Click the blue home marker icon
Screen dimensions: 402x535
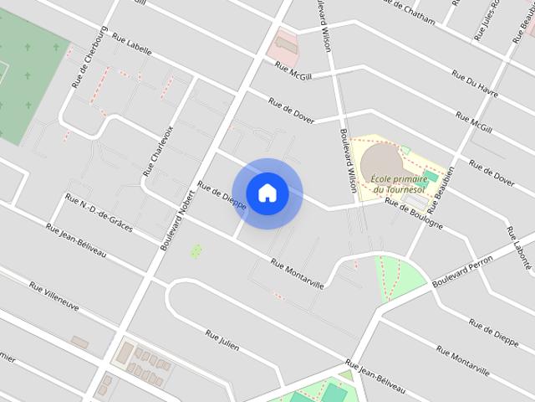click(x=267, y=193)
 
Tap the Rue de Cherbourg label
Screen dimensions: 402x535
click(x=90, y=57)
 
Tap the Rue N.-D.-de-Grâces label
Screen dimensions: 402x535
click(x=99, y=213)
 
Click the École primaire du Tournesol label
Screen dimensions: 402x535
click(x=399, y=183)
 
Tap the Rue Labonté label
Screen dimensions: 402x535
click(x=518, y=248)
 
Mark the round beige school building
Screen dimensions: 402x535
click(x=380, y=158)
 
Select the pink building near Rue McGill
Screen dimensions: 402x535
click(x=287, y=41)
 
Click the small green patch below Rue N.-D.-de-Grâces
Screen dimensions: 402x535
click(x=196, y=250)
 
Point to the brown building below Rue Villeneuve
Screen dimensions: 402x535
click(x=79, y=342)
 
